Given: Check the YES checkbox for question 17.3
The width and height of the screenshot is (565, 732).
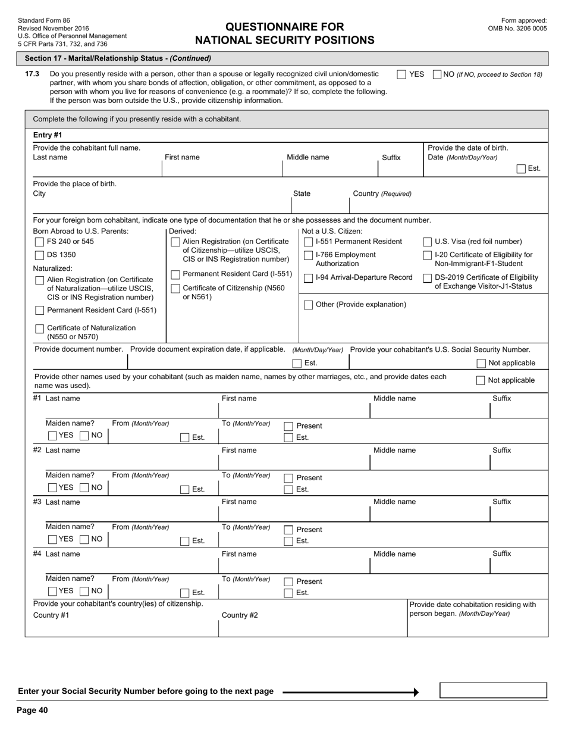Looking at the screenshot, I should pyautogui.click(x=401, y=74).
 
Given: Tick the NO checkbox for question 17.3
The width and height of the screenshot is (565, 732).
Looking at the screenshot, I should pyautogui.click(x=437, y=74).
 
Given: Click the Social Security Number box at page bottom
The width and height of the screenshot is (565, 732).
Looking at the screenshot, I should pyautogui.click(x=492, y=690).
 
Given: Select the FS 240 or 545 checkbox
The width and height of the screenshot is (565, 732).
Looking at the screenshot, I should pyautogui.click(x=40, y=242).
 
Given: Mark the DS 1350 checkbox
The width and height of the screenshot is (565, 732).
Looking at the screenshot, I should pyautogui.click(x=40, y=255).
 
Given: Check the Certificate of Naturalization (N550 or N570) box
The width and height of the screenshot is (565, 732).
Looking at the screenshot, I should pyautogui.click(x=40, y=329).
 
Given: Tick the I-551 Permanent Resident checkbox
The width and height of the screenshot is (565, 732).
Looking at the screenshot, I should pyautogui.click(x=308, y=242).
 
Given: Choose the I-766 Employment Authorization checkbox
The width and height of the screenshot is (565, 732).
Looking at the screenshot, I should pyautogui.click(x=308, y=255).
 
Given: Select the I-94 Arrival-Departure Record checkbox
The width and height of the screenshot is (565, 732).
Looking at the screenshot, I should pyautogui.click(x=308, y=278).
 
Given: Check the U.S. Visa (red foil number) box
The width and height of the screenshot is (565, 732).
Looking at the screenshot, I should pyautogui.click(x=427, y=242).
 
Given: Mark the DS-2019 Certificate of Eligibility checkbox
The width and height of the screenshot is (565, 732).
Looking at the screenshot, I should pyautogui.click(x=427, y=278).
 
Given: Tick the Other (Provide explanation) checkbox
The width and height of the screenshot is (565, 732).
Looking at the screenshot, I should pyautogui.click(x=308, y=305).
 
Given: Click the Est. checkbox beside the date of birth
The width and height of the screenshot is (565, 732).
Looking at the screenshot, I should pyautogui.click(x=521, y=168).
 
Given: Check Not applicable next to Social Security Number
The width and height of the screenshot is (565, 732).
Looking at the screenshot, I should pyautogui.click(x=481, y=363).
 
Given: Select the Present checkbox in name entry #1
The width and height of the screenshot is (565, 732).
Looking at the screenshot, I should pyautogui.click(x=288, y=426).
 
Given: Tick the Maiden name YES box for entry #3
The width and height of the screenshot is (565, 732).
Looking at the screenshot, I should pyautogui.click(x=52, y=539).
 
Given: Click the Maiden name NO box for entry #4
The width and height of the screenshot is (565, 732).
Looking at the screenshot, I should pyautogui.click(x=84, y=591).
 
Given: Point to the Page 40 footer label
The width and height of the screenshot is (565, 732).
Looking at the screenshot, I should pyautogui.click(x=32, y=710).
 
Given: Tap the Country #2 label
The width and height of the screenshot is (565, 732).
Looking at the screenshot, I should pyautogui.click(x=240, y=615).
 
